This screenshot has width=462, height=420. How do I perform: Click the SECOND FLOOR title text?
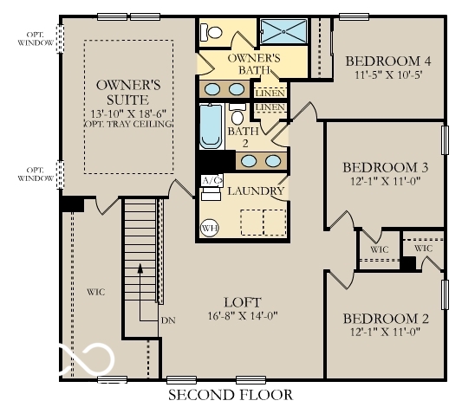click(230, 395)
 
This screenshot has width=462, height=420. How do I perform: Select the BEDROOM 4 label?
click(388, 61)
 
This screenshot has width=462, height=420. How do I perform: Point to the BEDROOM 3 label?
click(385, 167)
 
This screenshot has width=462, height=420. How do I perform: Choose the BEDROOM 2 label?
click(384, 316)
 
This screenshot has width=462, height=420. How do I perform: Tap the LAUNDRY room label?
click(257, 191)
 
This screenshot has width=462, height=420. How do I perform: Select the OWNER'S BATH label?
click(252, 64)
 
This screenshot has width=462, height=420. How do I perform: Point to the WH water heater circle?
click(209, 228)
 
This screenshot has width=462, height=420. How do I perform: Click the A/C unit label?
click(211, 180)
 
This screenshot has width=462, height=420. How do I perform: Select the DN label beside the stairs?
click(170, 320)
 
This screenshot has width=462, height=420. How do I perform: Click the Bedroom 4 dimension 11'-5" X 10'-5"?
click(388, 74)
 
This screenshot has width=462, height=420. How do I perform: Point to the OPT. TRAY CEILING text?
click(129, 124)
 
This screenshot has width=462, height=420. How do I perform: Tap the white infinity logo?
click(86, 359)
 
